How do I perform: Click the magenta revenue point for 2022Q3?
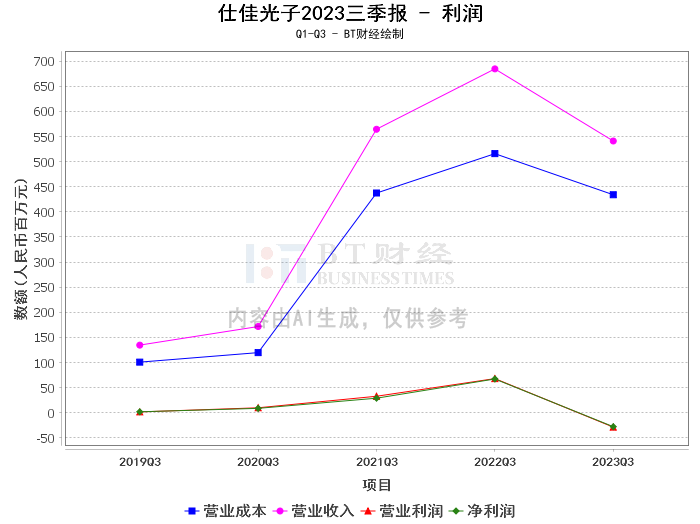pyautogui.click(x=495, y=69)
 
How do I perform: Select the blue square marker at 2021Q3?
pyautogui.click(x=376, y=193)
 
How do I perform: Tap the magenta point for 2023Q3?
pyautogui.click(x=613, y=141)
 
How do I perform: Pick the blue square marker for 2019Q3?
pyautogui.click(x=140, y=362)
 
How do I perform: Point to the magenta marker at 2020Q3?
pyautogui.click(x=258, y=327)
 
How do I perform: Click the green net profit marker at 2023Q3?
pyautogui.click(x=613, y=427)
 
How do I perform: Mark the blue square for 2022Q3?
pyautogui.click(x=495, y=154)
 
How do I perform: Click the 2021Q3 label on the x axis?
pyautogui.click(x=376, y=462)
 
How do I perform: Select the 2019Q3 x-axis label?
pyautogui.click(x=140, y=462)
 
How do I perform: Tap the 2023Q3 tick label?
pyautogui.click(x=613, y=462)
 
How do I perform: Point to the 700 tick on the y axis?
pyautogui.click(x=44, y=62)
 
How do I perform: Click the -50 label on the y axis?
pyautogui.click(x=44, y=438)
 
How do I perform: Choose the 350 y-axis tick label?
pyautogui.click(x=44, y=237)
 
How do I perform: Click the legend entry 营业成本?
pyautogui.click(x=225, y=511)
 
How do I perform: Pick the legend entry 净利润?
pyautogui.click(x=482, y=511)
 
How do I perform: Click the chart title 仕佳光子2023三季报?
pyautogui.click(x=312, y=13)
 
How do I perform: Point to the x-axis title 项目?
pyautogui.click(x=376, y=485)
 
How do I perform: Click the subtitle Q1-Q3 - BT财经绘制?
pyautogui.click(x=350, y=34)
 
